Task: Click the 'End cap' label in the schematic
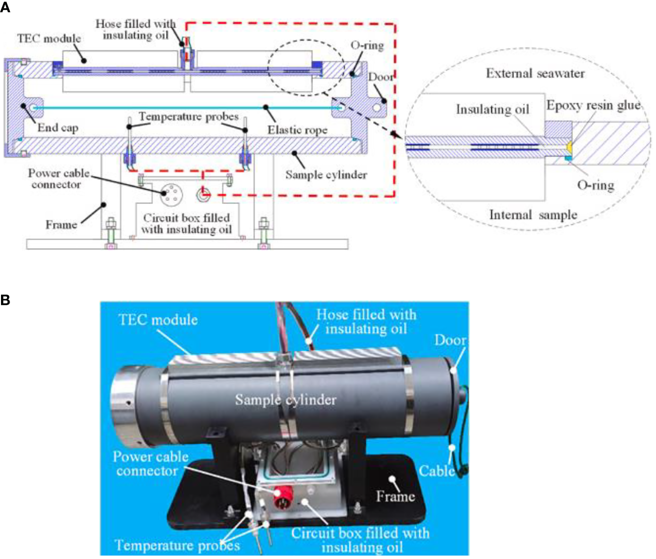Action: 58,128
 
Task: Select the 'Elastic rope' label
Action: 297,130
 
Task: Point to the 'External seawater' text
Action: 535,74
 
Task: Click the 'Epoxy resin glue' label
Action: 593,105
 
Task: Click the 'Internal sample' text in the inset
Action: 533,215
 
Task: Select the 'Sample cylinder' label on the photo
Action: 286,400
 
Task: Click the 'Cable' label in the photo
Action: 436,471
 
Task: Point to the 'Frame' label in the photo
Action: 395,496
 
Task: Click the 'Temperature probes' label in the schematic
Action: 188,117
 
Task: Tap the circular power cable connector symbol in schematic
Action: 170,194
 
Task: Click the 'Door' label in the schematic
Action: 380,77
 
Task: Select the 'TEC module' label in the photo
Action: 158,320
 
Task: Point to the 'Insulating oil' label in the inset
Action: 492,109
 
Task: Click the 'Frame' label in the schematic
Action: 61,225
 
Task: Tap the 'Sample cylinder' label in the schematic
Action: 326,175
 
